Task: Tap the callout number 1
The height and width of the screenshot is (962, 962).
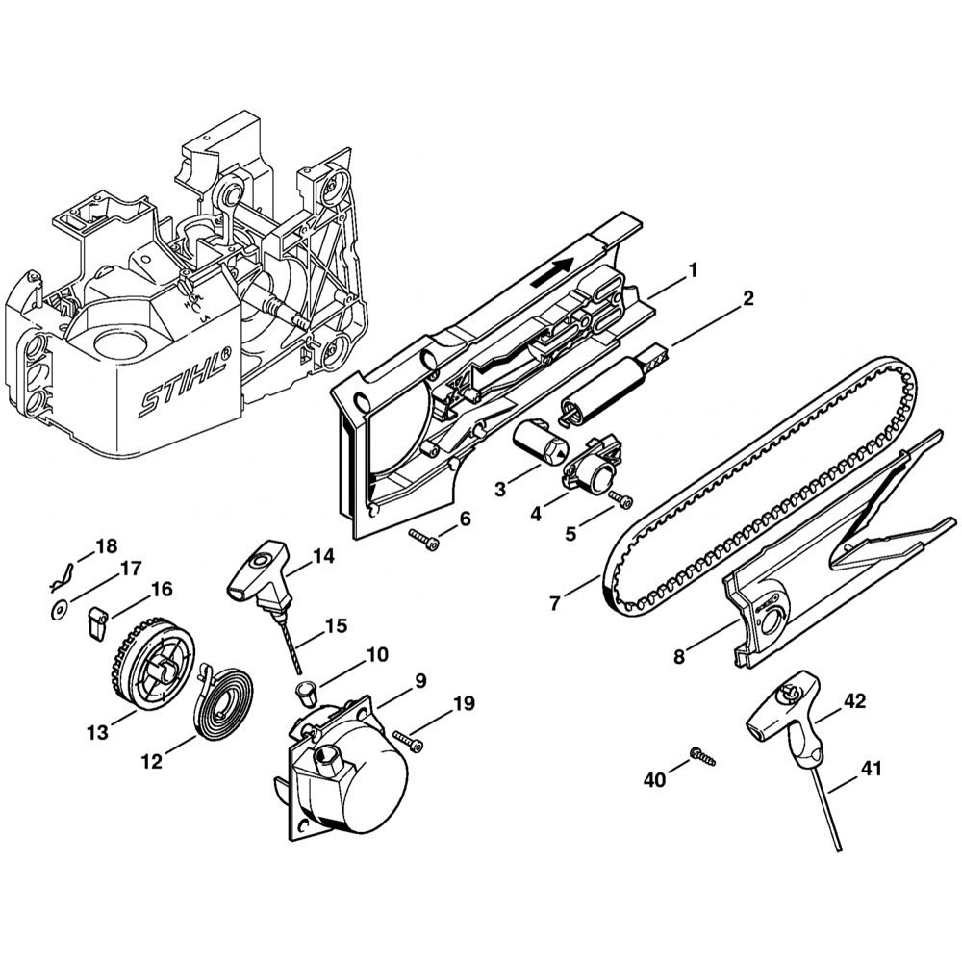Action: (x=691, y=273)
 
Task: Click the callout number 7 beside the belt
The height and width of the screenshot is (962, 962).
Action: (x=555, y=604)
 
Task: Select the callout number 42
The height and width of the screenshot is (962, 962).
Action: (x=855, y=701)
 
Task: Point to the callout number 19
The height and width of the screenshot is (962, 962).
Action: (x=464, y=703)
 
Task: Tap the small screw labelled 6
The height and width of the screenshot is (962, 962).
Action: (x=423, y=543)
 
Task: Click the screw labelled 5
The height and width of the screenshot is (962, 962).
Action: (x=621, y=498)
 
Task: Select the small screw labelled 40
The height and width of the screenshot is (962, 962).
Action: (x=702, y=757)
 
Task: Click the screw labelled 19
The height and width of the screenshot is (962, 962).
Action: (x=413, y=742)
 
